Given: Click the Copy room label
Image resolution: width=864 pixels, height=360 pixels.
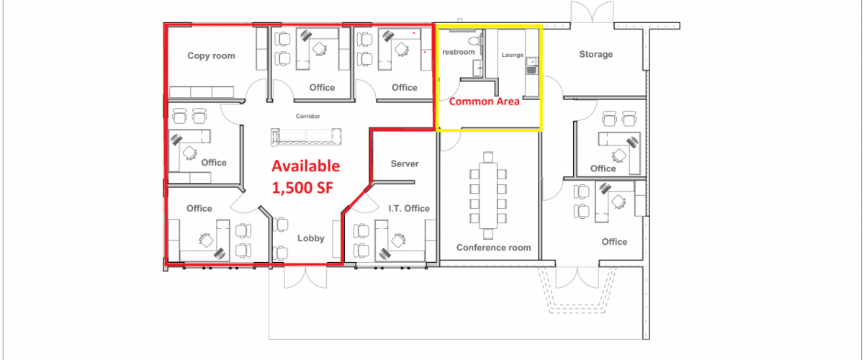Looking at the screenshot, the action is [211, 56].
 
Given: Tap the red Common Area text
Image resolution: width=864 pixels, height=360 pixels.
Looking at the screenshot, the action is [484, 102].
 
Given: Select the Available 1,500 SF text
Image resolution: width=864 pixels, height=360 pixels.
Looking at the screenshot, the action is [306, 176].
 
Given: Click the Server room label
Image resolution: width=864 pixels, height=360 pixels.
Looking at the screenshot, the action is [405, 163].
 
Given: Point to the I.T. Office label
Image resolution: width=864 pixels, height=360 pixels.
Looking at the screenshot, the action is [409, 208].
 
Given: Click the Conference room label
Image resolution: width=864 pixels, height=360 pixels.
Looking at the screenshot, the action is [493, 248].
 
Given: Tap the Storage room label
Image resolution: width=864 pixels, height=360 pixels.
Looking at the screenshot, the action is [595, 55].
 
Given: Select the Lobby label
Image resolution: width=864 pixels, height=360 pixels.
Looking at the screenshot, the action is [310, 238].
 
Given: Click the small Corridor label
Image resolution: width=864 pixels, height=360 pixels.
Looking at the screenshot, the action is [308, 116].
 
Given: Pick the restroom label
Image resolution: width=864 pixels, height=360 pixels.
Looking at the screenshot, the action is [458, 52].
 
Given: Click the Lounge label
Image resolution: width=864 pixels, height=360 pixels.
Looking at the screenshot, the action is [512, 55].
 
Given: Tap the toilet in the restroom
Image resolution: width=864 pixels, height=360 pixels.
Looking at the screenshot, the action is [475, 40].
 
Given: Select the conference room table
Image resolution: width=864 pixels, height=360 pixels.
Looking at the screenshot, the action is [488, 195].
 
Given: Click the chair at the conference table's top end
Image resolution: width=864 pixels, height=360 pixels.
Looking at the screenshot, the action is [488, 157].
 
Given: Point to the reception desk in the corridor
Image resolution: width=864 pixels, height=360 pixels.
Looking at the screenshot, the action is [306, 137].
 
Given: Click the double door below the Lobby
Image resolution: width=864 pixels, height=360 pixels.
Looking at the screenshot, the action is [305, 277].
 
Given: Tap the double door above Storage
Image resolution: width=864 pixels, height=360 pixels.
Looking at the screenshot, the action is [592, 12].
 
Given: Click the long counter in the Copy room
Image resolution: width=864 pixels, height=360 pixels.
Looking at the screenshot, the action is [202, 92].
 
